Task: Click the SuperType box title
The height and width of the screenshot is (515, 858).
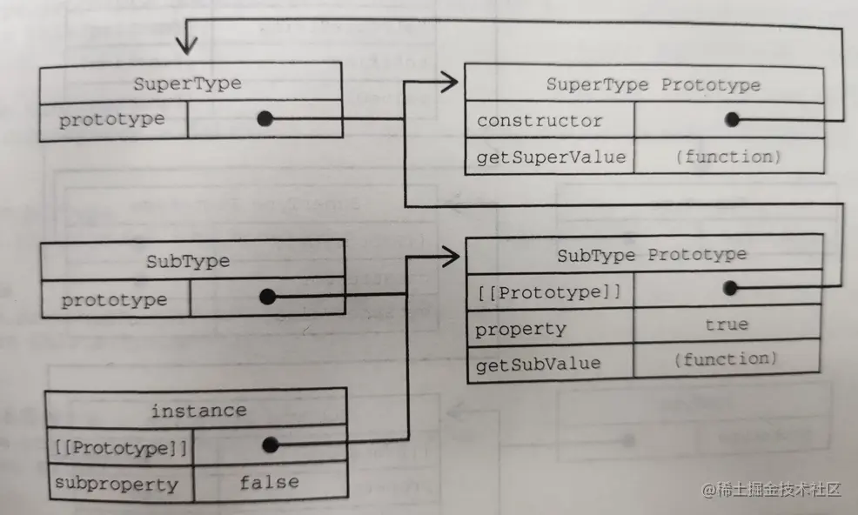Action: pyautogui.click(x=187, y=84)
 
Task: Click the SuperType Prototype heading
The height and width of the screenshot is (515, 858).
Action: pyautogui.click(x=653, y=84)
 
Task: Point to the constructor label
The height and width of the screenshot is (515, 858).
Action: pyautogui.click(x=540, y=121)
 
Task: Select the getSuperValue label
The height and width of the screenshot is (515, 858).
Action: pyautogui.click(x=551, y=157)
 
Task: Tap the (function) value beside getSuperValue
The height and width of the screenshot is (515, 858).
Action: pyautogui.click(x=729, y=157)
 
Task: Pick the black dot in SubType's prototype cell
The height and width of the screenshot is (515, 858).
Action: pyautogui.click(x=267, y=298)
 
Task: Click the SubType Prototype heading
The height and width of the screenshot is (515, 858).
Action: pyautogui.click(x=652, y=255)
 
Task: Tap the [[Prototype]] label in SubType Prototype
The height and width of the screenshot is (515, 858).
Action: pyautogui.click(x=548, y=292)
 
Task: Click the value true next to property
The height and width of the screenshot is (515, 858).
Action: pyautogui.click(x=727, y=324)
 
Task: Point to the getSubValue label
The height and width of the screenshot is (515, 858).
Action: pyautogui.click(x=538, y=364)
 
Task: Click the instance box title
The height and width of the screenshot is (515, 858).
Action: pyautogui.click(x=198, y=410)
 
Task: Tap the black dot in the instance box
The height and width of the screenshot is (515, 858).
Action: pyautogui.click(x=270, y=445)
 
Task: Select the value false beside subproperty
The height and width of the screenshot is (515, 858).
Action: pyautogui.click(x=269, y=481)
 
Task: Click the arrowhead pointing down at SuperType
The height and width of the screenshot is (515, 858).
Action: pyautogui.click(x=185, y=43)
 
